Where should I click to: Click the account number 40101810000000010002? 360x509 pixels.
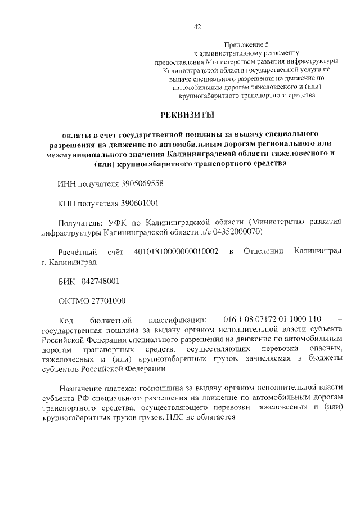176,251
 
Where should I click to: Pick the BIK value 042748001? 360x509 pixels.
100,281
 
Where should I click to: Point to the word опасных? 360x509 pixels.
325,349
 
